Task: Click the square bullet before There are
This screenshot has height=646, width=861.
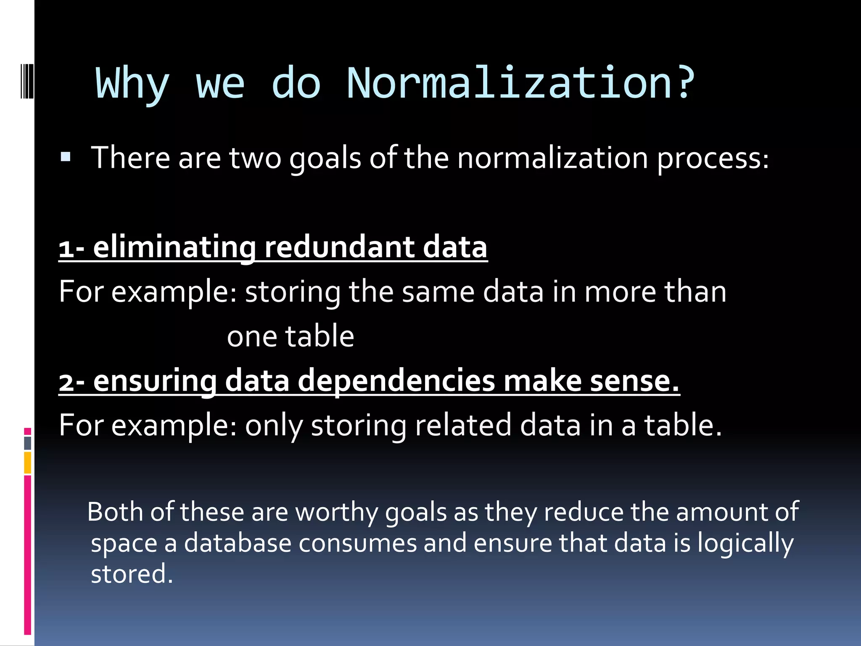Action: click(x=66, y=157)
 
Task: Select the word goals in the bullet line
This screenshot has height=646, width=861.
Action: click(x=325, y=159)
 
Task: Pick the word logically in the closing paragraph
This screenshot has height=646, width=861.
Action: click(x=745, y=544)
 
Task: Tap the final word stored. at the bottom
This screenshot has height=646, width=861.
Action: click(x=132, y=574)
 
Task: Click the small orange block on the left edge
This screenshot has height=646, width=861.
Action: click(x=28, y=463)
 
